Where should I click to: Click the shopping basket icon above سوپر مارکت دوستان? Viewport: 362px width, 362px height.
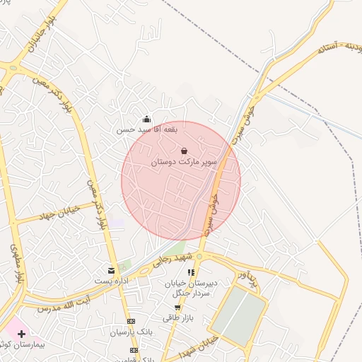184,151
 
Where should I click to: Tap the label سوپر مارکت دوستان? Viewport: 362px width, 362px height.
181,162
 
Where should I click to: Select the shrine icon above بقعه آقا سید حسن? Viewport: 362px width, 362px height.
146,119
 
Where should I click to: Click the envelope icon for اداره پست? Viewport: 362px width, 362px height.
111,270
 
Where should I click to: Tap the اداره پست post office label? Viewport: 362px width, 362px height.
112,281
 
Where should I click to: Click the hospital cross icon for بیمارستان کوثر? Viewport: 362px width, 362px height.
21,332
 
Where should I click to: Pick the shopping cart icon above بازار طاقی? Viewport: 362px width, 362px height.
177,308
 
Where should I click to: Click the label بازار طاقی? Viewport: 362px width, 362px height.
176,318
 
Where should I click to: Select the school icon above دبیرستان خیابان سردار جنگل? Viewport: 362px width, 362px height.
190,272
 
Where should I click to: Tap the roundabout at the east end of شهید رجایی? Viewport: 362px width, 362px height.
199,255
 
